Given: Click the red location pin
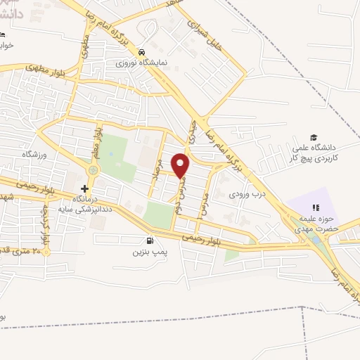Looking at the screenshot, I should (x=181, y=165).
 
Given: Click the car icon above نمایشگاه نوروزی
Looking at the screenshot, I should (x=142, y=51).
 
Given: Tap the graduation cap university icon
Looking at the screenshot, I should (x=314, y=138).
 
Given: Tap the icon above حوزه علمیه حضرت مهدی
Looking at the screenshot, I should (x=316, y=207).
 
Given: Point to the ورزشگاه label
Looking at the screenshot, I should (x=33, y=153).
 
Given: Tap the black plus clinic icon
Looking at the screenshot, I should (x=86, y=188).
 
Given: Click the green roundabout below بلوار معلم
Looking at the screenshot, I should (x=93, y=169).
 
